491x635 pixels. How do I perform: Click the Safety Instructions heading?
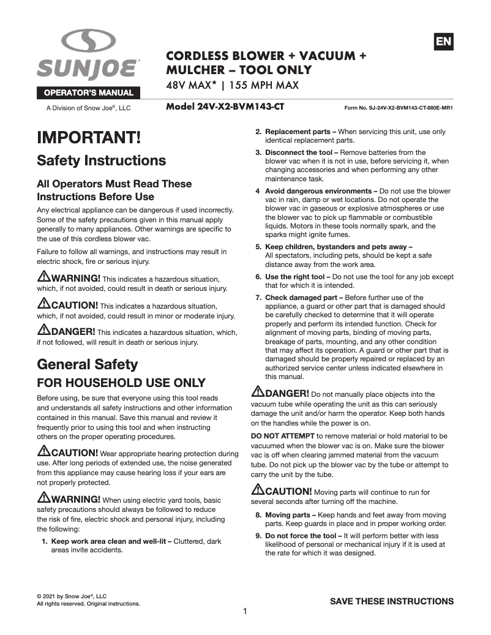click(102, 160)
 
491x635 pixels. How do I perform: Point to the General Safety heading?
click(88, 364)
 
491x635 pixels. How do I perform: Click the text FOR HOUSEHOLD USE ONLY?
click(121, 383)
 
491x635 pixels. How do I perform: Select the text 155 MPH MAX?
click(267, 85)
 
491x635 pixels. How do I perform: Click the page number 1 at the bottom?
click(245, 611)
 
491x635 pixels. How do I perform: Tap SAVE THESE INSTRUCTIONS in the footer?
click(392, 601)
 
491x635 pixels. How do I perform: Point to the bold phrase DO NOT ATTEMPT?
click(283, 435)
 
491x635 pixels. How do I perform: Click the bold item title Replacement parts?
click(300, 132)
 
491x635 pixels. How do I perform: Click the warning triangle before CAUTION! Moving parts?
click(258, 491)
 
